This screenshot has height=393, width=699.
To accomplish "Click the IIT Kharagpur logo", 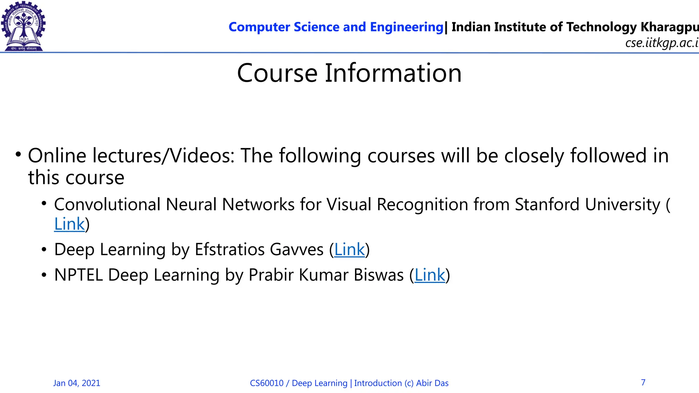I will pos(23,26).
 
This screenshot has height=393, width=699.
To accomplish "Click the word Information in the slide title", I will pos(393,73).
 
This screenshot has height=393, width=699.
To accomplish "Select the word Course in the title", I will pos(277,73).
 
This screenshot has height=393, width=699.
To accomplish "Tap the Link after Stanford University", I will pos(69,224).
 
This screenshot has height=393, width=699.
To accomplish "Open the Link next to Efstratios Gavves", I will pos(349,249).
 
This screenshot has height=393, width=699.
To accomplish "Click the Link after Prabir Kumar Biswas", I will pos(430,275).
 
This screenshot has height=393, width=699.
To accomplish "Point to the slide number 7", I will pos(643,382).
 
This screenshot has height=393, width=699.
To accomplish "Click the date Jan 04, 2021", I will pos(77,383).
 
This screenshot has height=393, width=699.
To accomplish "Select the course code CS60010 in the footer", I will pos(267,383).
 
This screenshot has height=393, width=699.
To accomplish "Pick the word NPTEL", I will pos(79,275).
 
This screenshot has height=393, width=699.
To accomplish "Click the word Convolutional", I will pos(107,205).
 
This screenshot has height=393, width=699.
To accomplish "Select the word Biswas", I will pos(379,275).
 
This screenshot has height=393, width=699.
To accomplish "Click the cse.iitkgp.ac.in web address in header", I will pos(661,43).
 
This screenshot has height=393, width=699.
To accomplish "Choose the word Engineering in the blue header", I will pos(406,27).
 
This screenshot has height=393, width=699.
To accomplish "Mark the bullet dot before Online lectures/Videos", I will pos(18,154).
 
